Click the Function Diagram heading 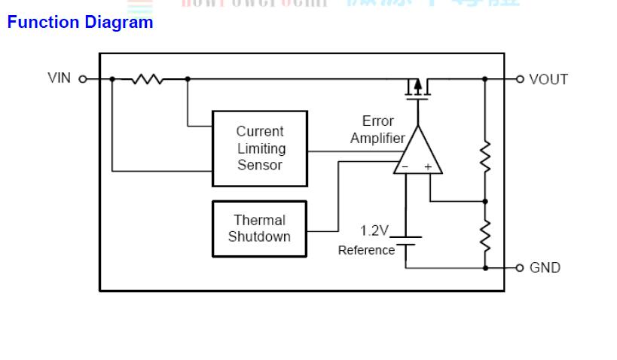click(80, 23)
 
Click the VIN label click(60, 78)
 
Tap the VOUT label click(548, 79)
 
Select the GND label click(545, 267)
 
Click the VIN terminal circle click(83, 78)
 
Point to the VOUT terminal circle click(520, 78)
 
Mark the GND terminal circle click(520, 267)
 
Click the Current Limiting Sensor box click(260, 148)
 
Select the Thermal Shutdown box click(259, 229)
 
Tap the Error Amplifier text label click(377, 130)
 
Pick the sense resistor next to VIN click(148, 78)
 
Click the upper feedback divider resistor click(485, 156)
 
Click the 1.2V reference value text click(374, 230)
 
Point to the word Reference click(366, 250)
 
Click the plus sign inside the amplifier click(428, 167)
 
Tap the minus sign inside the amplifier click(405, 167)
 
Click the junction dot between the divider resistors click(485, 201)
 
